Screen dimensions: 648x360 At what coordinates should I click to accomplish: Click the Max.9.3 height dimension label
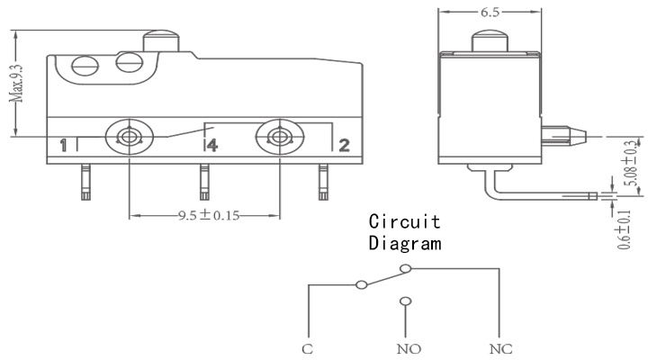coord(17,84)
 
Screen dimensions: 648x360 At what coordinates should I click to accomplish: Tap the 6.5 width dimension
coord(490,13)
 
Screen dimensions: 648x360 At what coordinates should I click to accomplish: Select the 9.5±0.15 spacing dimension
coord(209,215)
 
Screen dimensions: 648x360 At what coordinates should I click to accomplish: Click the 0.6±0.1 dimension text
coord(624,229)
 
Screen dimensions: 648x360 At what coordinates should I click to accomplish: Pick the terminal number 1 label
coord(63,146)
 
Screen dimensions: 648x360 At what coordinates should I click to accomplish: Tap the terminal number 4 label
coord(212,145)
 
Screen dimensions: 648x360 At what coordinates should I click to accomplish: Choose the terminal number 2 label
coord(344,145)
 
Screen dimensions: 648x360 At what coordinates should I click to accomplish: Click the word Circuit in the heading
coord(405,221)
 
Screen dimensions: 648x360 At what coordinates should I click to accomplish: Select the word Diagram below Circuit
coord(405,243)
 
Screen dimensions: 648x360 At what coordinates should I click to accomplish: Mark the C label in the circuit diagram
coord(308,349)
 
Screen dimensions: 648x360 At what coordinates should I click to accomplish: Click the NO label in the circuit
coord(409,349)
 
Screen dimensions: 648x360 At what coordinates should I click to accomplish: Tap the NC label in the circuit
coord(501,349)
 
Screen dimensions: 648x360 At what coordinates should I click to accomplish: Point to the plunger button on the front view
coord(161,40)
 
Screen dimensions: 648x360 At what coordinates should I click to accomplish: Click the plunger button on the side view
coord(490,40)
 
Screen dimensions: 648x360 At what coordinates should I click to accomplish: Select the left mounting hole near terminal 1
coord(130,137)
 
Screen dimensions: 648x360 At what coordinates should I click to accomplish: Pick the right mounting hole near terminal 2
coord(280,137)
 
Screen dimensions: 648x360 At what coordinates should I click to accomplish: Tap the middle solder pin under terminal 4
coord(204,182)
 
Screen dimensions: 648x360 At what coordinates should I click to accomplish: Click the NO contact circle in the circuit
coord(406,301)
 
